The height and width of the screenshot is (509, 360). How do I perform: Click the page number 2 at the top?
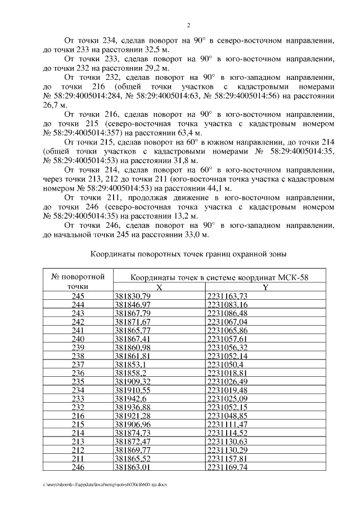click(189, 25)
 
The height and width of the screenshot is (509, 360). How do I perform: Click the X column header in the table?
click(159, 287)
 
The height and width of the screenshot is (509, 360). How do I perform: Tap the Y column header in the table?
click(265, 287)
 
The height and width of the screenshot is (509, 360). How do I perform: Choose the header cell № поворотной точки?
click(78, 281)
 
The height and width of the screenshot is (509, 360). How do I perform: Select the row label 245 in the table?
click(78, 296)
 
